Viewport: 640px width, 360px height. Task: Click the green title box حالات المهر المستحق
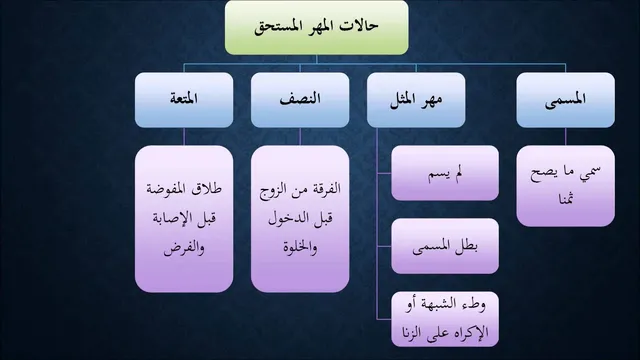(x=316, y=27)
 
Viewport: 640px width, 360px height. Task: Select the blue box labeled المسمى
(x=565, y=100)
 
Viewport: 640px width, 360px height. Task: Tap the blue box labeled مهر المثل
(x=416, y=100)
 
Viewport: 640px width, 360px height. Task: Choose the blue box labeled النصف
(x=300, y=100)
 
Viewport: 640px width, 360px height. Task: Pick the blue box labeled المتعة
(x=184, y=100)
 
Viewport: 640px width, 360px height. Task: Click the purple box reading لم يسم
(x=445, y=173)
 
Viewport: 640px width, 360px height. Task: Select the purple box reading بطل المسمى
(x=445, y=246)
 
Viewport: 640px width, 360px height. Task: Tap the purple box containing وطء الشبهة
(x=445, y=319)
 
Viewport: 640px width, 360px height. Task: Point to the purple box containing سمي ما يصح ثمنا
(x=565, y=186)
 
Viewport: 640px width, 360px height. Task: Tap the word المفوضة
(x=167, y=189)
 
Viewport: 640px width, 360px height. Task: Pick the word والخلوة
(x=300, y=247)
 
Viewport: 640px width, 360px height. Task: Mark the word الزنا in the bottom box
(x=417, y=333)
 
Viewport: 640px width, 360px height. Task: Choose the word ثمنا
(x=566, y=199)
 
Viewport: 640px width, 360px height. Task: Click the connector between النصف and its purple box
(x=300, y=137)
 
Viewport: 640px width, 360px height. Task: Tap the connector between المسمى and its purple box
(x=565, y=137)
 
